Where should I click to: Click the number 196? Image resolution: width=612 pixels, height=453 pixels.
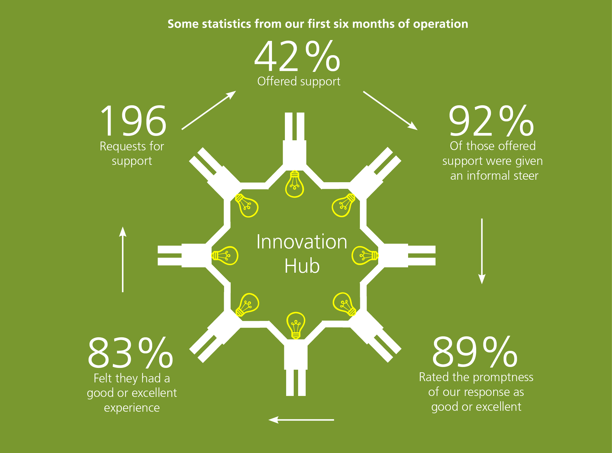[x=133, y=121]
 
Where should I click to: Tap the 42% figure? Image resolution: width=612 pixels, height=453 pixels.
[x=297, y=56]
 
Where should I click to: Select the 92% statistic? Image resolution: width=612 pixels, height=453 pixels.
[x=491, y=121]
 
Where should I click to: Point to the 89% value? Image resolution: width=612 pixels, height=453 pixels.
[x=475, y=351]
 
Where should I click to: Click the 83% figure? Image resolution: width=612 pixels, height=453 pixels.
[x=130, y=353]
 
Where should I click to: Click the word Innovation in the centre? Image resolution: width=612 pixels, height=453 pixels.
[x=302, y=242]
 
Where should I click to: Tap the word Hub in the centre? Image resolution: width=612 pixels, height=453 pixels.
[x=302, y=266]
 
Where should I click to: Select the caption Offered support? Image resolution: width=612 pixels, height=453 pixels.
[x=299, y=81]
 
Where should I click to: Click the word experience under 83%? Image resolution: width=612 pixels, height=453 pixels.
[x=132, y=408]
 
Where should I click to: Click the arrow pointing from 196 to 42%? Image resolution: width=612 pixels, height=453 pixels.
[x=209, y=110]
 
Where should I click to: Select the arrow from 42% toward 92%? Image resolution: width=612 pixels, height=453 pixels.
[x=390, y=111]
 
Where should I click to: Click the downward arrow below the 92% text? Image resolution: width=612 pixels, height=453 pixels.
[x=482, y=251]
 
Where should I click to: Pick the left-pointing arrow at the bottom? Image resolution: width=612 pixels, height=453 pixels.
[x=301, y=420]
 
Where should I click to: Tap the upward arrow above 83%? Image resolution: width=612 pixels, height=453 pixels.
[x=123, y=259]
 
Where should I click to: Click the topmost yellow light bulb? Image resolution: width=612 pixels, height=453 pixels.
[x=295, y=184]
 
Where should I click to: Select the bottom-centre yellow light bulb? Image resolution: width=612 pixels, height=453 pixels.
[x=296, y=326]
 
